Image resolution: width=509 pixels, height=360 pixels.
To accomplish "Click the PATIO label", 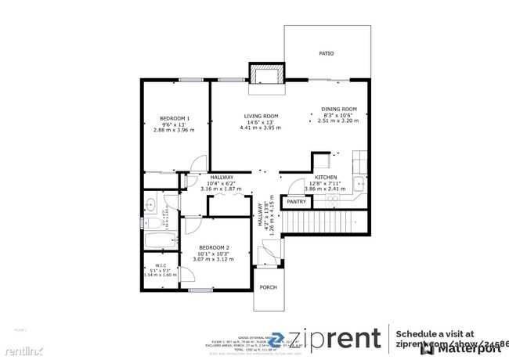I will (x=326, y=54).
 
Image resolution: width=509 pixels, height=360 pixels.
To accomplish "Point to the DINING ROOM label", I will (x=339, y=109).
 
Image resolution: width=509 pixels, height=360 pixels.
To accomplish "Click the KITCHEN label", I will (x=325, y=178).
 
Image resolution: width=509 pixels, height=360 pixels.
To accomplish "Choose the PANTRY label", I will (x=296, y=202).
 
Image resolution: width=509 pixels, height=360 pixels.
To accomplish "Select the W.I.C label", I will (x=160, y=265).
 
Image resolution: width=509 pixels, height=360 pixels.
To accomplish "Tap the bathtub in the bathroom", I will (x=161, y=242).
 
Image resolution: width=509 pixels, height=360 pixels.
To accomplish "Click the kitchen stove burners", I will (x=333, y=200).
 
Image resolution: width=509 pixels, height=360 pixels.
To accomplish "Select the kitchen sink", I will (x=358, y=185).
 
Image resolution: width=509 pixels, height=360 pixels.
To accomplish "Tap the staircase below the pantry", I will (x=323, y=225).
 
